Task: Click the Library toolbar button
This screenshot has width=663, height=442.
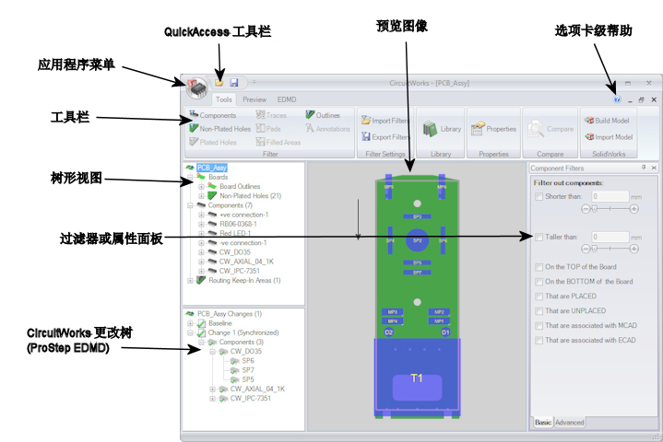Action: click(x=442, y=129)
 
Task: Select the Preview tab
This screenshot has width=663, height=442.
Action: click(x=255, y=99)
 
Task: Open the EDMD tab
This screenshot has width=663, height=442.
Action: click(x=287, y=99)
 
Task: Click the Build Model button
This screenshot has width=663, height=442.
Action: click(x=607, y=121)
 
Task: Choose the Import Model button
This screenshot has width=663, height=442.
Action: click(x=607, y=137)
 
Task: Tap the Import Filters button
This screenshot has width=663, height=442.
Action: click(x=385, y=121)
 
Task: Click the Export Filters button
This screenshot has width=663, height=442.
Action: click(x=385, y=137)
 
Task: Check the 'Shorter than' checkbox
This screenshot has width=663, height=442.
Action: click(x=539, y=196)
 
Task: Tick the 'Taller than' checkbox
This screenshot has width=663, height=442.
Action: click(x=539, y=237)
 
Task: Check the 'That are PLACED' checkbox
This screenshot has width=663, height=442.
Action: click(x=539, y=297)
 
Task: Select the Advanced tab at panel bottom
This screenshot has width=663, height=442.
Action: click(x=569, y=423)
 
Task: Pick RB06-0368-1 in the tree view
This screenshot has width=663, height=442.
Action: click(x=237, y=224)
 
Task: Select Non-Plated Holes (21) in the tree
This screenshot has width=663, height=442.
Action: click(x=250, y=196)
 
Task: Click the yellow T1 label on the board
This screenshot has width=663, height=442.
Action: click(x=417, y=378)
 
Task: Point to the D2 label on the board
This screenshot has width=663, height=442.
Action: click(x=389, y=331)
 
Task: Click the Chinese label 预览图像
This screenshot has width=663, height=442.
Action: click(x=402, y=26)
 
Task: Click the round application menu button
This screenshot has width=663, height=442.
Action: click(x=197, y=86)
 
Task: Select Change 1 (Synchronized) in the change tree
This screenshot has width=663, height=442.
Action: click(x=243, y=332)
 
